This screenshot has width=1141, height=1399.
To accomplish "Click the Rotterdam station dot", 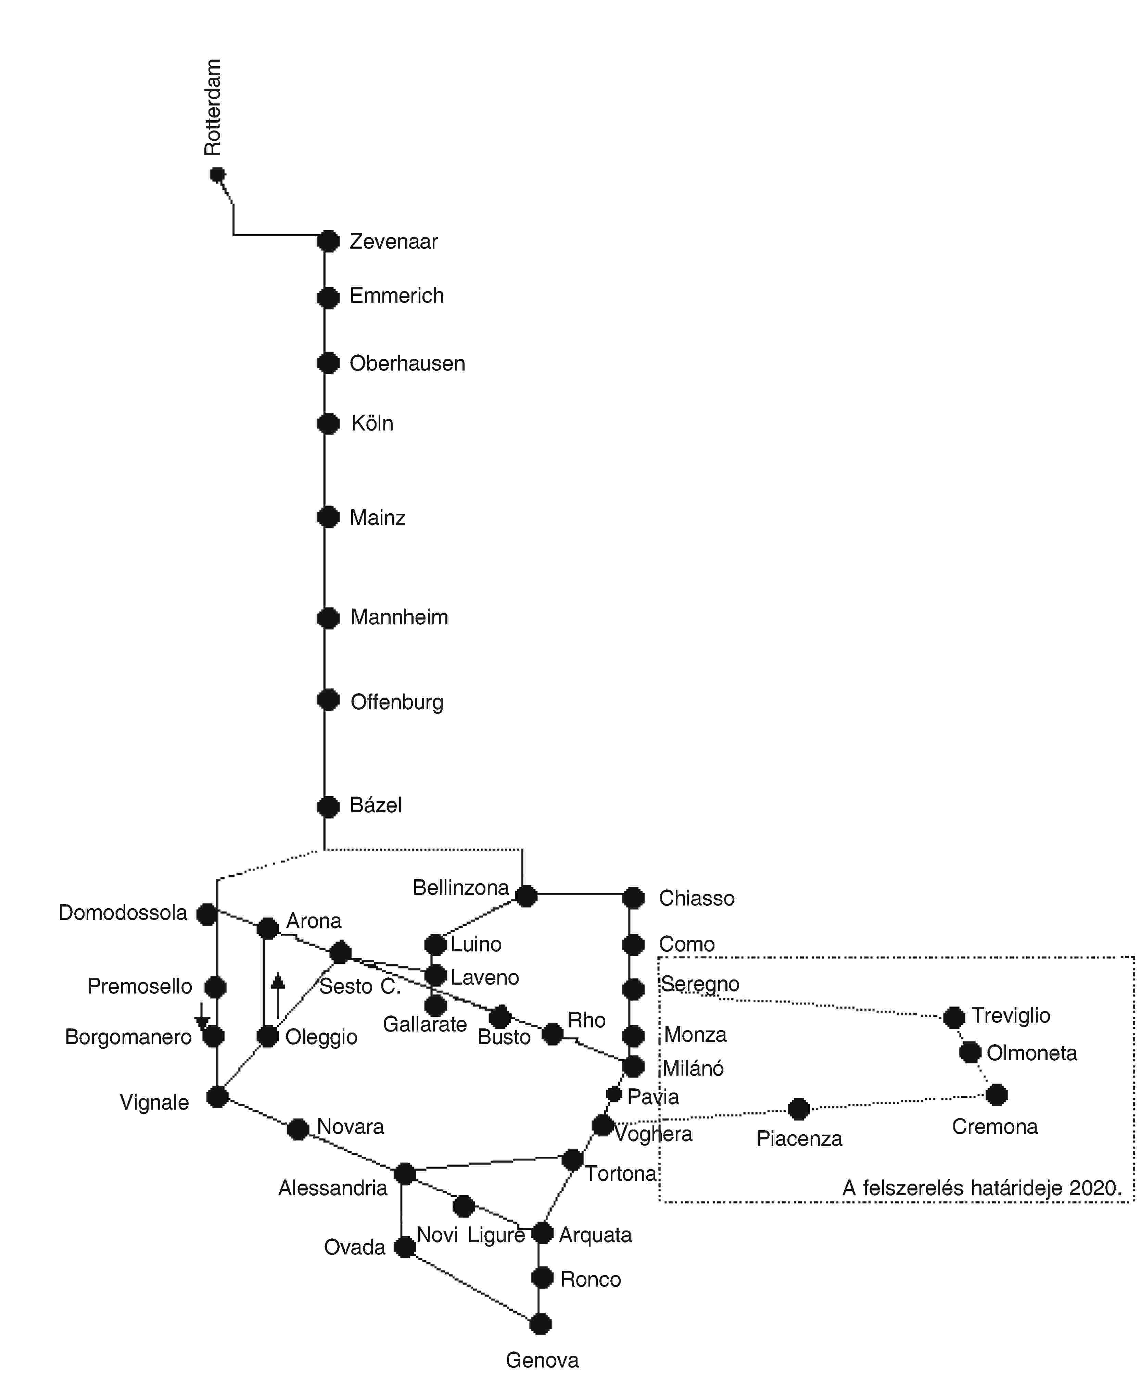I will [217, 175].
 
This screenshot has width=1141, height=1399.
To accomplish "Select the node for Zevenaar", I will [328, 241].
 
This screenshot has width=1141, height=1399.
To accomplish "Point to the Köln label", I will [372, 423].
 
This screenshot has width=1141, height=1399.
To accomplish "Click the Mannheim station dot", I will [328, 618].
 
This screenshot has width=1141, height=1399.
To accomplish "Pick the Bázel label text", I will [375, 805].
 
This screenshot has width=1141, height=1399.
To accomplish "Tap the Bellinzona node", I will [526, 896].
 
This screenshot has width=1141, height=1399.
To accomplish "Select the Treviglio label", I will [1011, 1016].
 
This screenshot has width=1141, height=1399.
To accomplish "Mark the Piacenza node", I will [799, 1109].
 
